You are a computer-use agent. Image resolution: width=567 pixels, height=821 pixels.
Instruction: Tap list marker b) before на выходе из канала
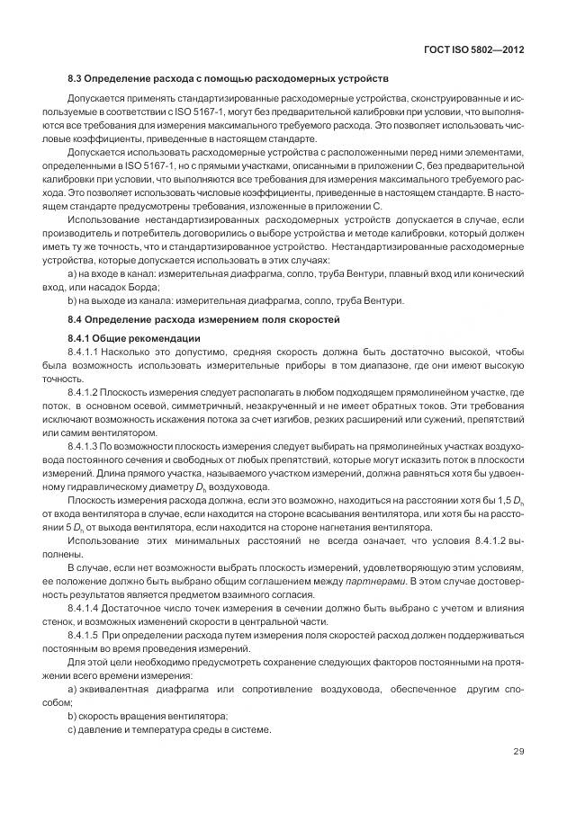coord(72,299)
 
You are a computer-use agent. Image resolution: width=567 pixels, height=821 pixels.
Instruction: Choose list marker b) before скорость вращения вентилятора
coord(72,716)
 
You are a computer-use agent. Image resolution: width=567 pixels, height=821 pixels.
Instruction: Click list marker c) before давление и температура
coord(72,729)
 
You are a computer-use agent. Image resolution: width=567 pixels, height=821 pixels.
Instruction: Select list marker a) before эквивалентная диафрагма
coord(72,689)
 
